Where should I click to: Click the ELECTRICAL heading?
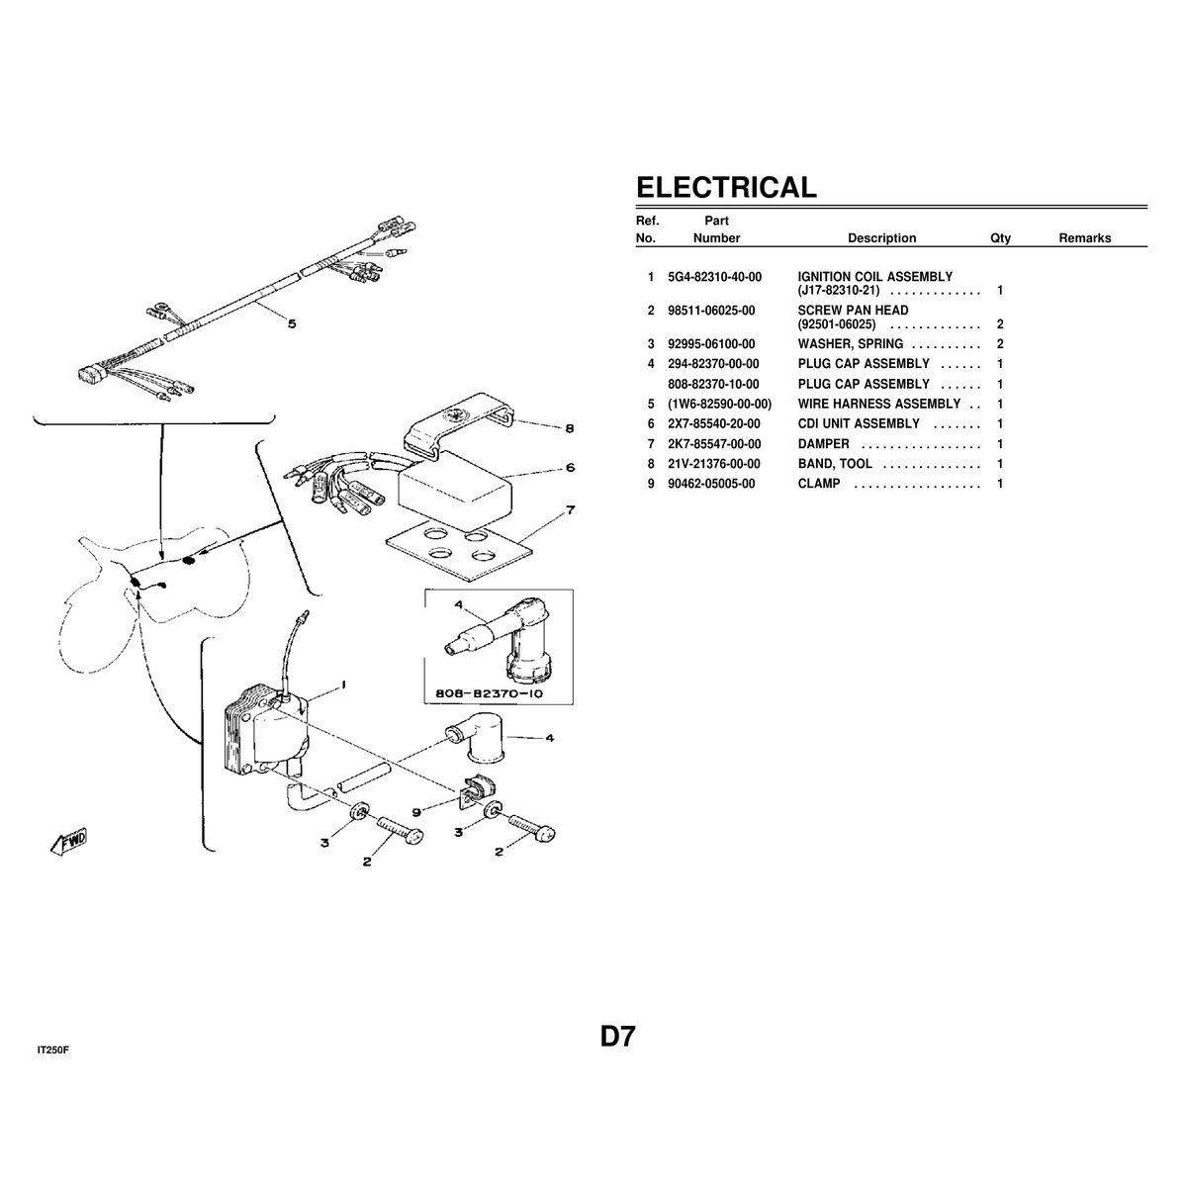point(726,187)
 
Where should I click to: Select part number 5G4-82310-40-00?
point(714,277)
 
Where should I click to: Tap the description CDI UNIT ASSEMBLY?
point(859,423)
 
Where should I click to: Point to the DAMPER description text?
point(824,443)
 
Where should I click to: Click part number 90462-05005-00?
point(711,484)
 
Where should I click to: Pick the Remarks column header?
point(1085,237)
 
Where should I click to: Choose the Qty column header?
point(1000,238)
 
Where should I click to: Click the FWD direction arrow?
point(69,841)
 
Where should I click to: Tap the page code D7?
point(618,1037)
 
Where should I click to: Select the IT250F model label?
point(53,1050)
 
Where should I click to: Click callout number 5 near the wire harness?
point(292,323)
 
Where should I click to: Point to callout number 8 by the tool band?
point(569,427)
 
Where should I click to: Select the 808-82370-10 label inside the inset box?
point(490,693)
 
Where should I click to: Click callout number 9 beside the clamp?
point(416,812)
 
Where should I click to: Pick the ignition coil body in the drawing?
point(269,736)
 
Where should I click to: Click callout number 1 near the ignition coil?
point(343,685)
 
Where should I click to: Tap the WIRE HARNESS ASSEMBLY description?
point(879,404)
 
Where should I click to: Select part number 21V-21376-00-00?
point(714,464)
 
